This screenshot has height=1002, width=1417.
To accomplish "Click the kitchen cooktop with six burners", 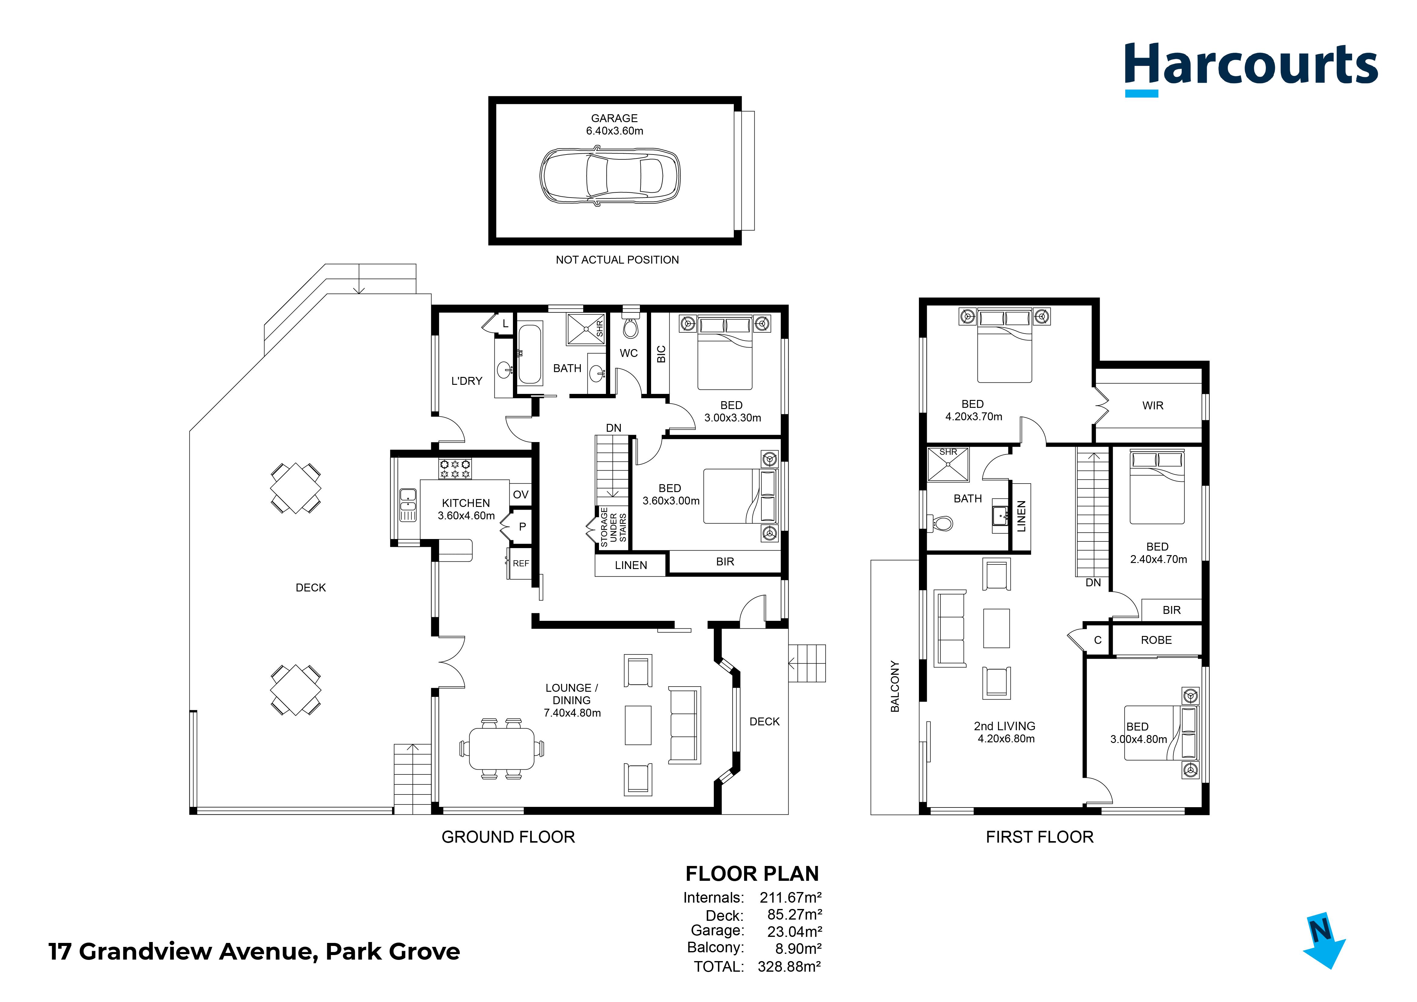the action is point(455,469).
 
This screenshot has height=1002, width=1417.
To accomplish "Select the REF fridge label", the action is point(521,563).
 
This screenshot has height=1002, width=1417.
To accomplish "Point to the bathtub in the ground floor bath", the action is point(530,355).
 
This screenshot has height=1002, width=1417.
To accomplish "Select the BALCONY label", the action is point(895,687).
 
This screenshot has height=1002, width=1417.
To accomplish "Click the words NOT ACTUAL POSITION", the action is point(617,260).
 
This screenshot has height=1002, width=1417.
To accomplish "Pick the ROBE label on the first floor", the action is point(1156,640).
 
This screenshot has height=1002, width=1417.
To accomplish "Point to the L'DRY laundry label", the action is point(467,381).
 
